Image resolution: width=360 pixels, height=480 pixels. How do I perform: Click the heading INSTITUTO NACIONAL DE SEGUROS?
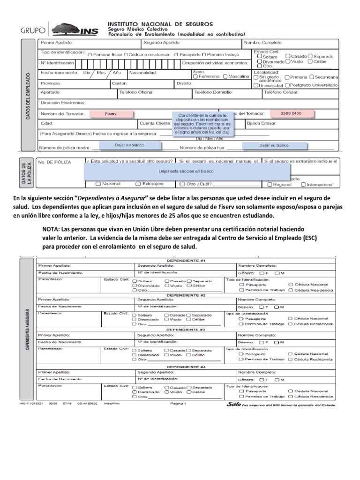pos(161,23)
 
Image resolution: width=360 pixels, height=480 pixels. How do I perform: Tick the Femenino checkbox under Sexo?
pos(196,76)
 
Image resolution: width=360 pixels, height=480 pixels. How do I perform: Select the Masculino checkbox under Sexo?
pos(225,76)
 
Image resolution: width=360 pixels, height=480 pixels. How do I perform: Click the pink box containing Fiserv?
pos(111,114)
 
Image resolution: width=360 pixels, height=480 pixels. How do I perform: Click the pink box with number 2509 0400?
pos(291,114)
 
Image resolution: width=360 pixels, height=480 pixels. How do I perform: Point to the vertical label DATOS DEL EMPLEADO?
pos(28,97)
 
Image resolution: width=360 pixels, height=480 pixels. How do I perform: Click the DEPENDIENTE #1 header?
pos(186,260)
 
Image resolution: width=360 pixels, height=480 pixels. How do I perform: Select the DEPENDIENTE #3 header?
pos(186,330)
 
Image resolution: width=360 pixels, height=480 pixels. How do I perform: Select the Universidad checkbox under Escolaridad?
pos(255,85)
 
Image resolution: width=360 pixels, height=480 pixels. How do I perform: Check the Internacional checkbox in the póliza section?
pos(304,184)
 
